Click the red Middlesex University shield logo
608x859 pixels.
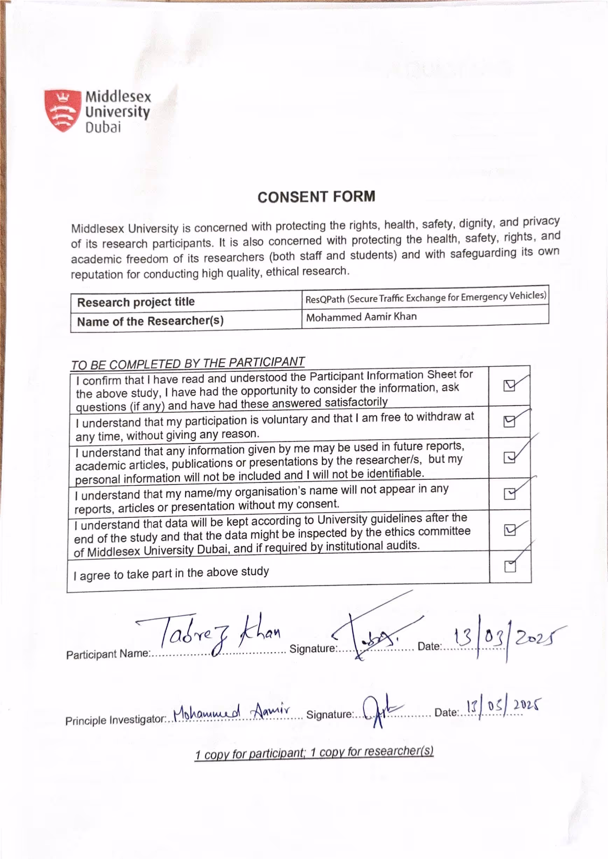pyautogui.click(x=62, y=111)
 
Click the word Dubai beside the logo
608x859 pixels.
pyautogui.click(x=103, y=128)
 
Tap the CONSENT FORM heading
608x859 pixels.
pyautogui.click(x=316, y=197)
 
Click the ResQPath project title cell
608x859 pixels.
pyautogui.click(x=425, y=297)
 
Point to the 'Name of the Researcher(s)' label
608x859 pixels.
pyautogui.click(x=150, y=321)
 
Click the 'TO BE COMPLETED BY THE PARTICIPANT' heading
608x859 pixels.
pyautogui.click(x=188, y=363)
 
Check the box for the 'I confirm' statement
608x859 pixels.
pyautogui.click(x=509, y=385)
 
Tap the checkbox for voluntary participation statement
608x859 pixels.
pyautogui.click(x=509, y=422)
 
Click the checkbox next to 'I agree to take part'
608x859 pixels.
pyautogui.click(x=510, y=567)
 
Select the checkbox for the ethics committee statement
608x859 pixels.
pyautogui.click(x=510, y=530)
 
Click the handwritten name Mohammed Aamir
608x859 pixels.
pyautogui.click(x=232, y=711)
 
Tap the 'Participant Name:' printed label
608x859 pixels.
pyautogui.click(x=108, y=654)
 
